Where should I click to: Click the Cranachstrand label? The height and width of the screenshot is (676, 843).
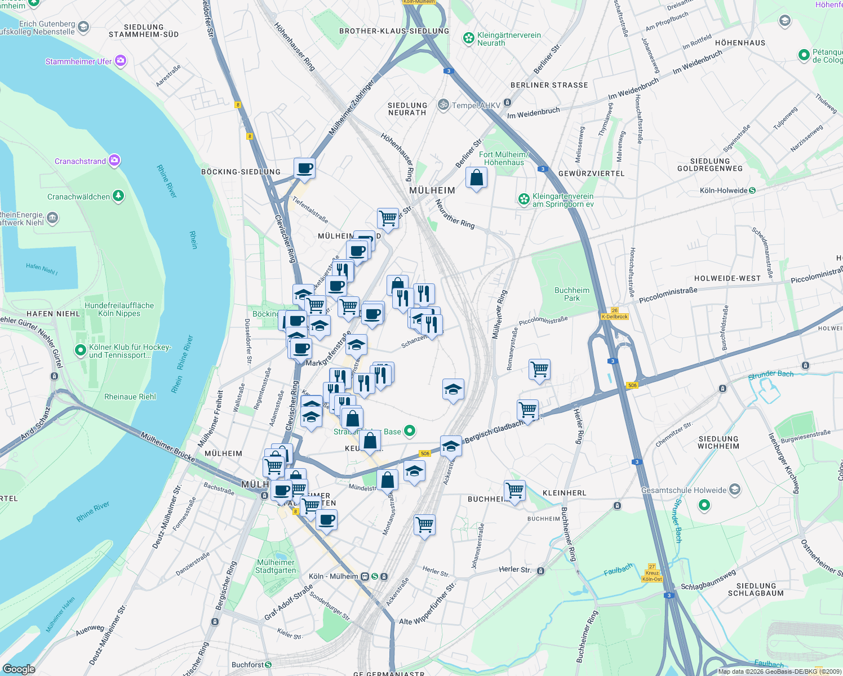(80, 161)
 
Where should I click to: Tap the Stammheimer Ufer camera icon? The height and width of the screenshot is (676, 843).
(121, 61)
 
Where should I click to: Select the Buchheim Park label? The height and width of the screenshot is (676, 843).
(572, 294)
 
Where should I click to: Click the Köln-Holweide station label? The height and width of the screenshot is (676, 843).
(724, 190)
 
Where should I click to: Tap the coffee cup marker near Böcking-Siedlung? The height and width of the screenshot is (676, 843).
(304, 168)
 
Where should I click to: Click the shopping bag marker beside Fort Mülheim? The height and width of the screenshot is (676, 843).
(476, 177)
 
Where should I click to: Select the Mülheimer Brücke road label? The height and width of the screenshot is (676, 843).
(168, 447)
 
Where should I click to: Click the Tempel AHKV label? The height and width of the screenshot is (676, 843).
(476, 105)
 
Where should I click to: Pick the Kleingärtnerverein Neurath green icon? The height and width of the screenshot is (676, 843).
(468, 38)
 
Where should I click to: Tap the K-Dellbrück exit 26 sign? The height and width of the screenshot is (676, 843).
(614, 314)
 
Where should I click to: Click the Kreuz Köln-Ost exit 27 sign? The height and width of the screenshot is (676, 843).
(652, 573)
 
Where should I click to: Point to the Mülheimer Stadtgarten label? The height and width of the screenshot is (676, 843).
(276, 566)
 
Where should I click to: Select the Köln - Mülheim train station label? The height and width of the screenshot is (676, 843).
(334, 576)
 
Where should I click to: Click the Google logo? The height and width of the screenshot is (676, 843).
(19, 669)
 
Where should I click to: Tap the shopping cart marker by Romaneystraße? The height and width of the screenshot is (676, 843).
(540, 370)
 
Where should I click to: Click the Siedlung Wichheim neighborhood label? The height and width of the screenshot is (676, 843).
(718, 442)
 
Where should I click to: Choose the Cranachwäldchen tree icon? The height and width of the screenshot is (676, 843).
(118, 196)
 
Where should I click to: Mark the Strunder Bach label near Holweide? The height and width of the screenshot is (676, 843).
(770, 375)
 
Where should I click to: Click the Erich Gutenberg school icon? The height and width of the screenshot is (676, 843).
(83, 27)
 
